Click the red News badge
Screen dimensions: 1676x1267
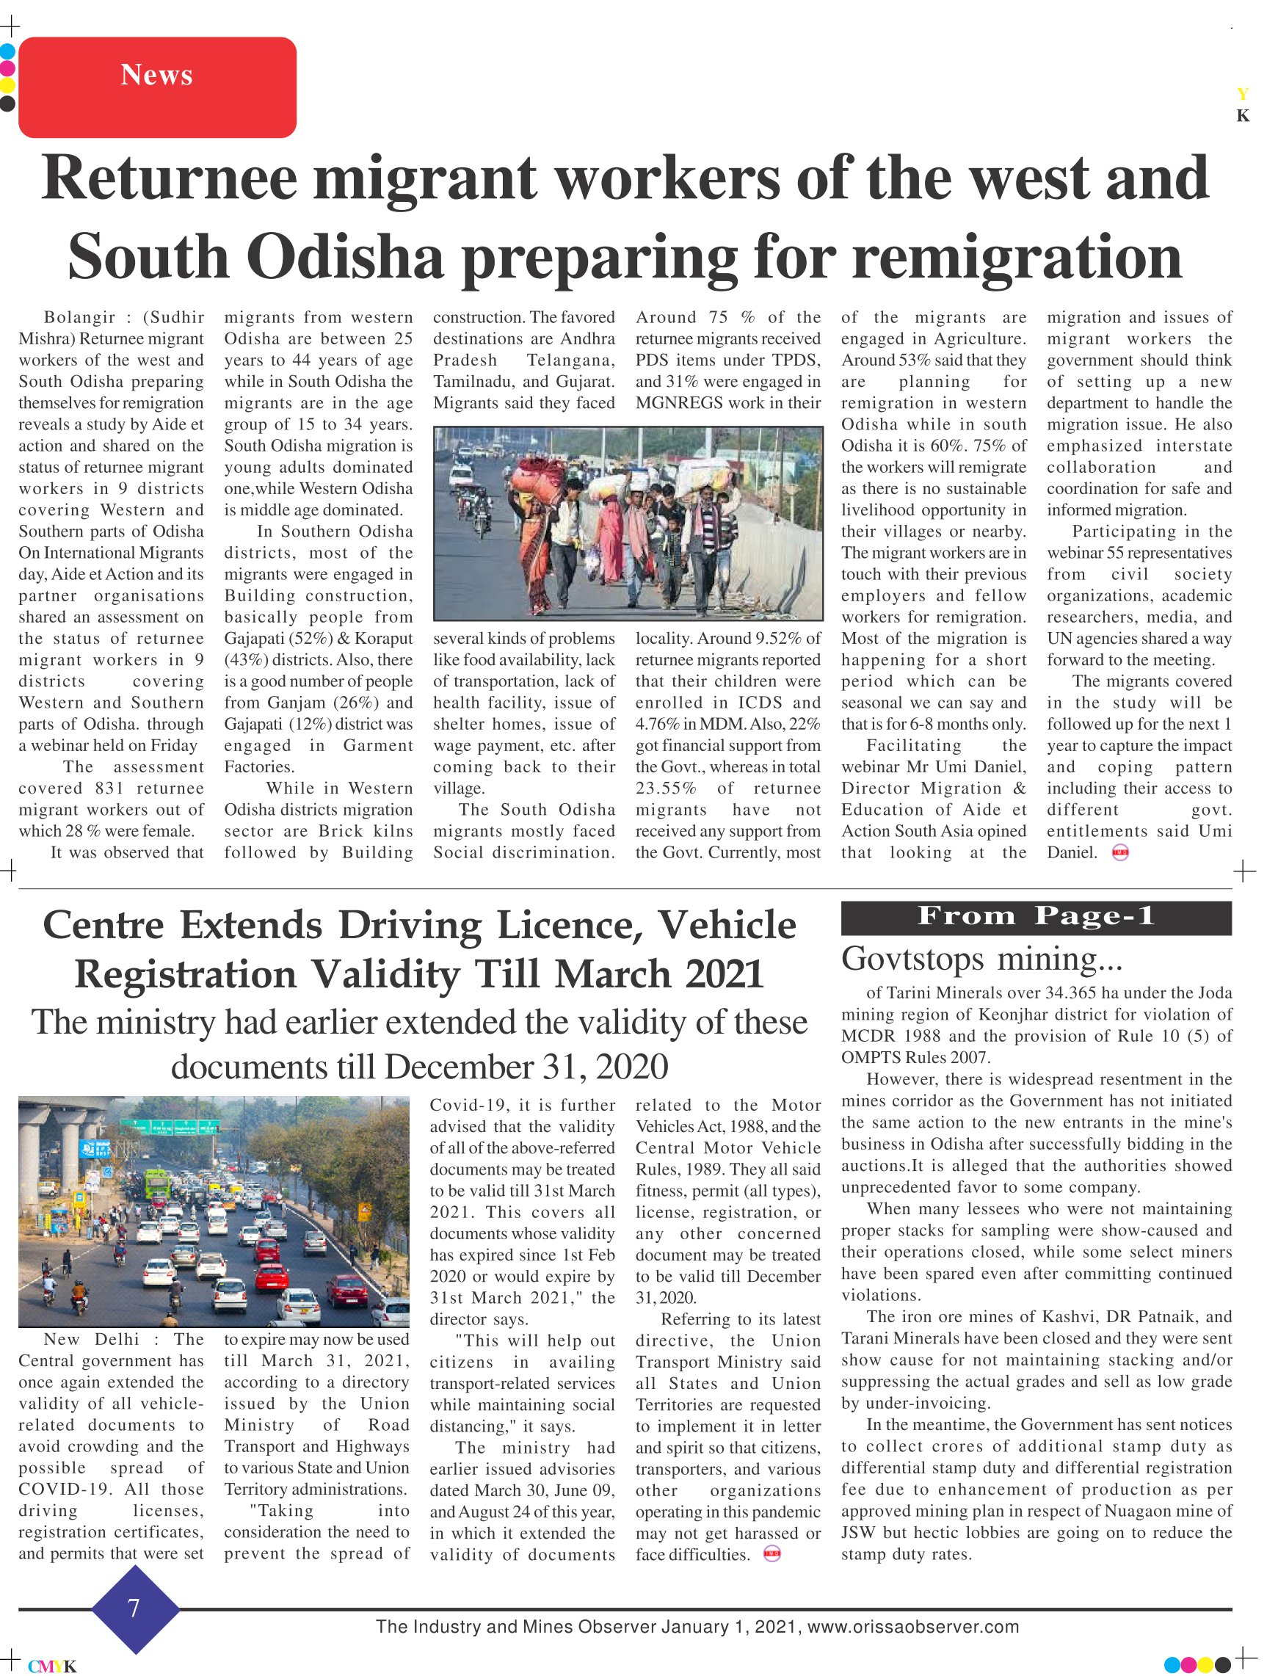[x=157, y=87]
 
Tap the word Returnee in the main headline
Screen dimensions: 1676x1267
[x=169, y=178]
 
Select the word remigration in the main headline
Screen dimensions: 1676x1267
[x=1017, y=258]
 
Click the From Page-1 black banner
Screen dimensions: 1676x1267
[x=1036, y=918]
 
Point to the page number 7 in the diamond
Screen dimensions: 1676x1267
[x=134, y=1608]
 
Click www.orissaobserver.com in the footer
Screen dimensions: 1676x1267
[x=912, y=1627]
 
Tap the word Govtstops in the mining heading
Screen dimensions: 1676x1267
[x=912, y=959]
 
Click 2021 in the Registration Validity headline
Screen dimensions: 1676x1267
[x=724, y=974]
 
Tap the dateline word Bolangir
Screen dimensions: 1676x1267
[x=79, y=317]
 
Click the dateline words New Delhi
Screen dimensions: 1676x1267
[x=92, y=1340]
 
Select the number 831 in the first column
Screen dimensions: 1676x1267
[x=109, y=788]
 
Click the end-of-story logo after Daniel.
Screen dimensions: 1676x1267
[x=1120, y=853]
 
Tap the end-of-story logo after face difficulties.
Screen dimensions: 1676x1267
[x=772, y=1555]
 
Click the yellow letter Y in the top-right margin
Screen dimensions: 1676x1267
[x=1243, y=94]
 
